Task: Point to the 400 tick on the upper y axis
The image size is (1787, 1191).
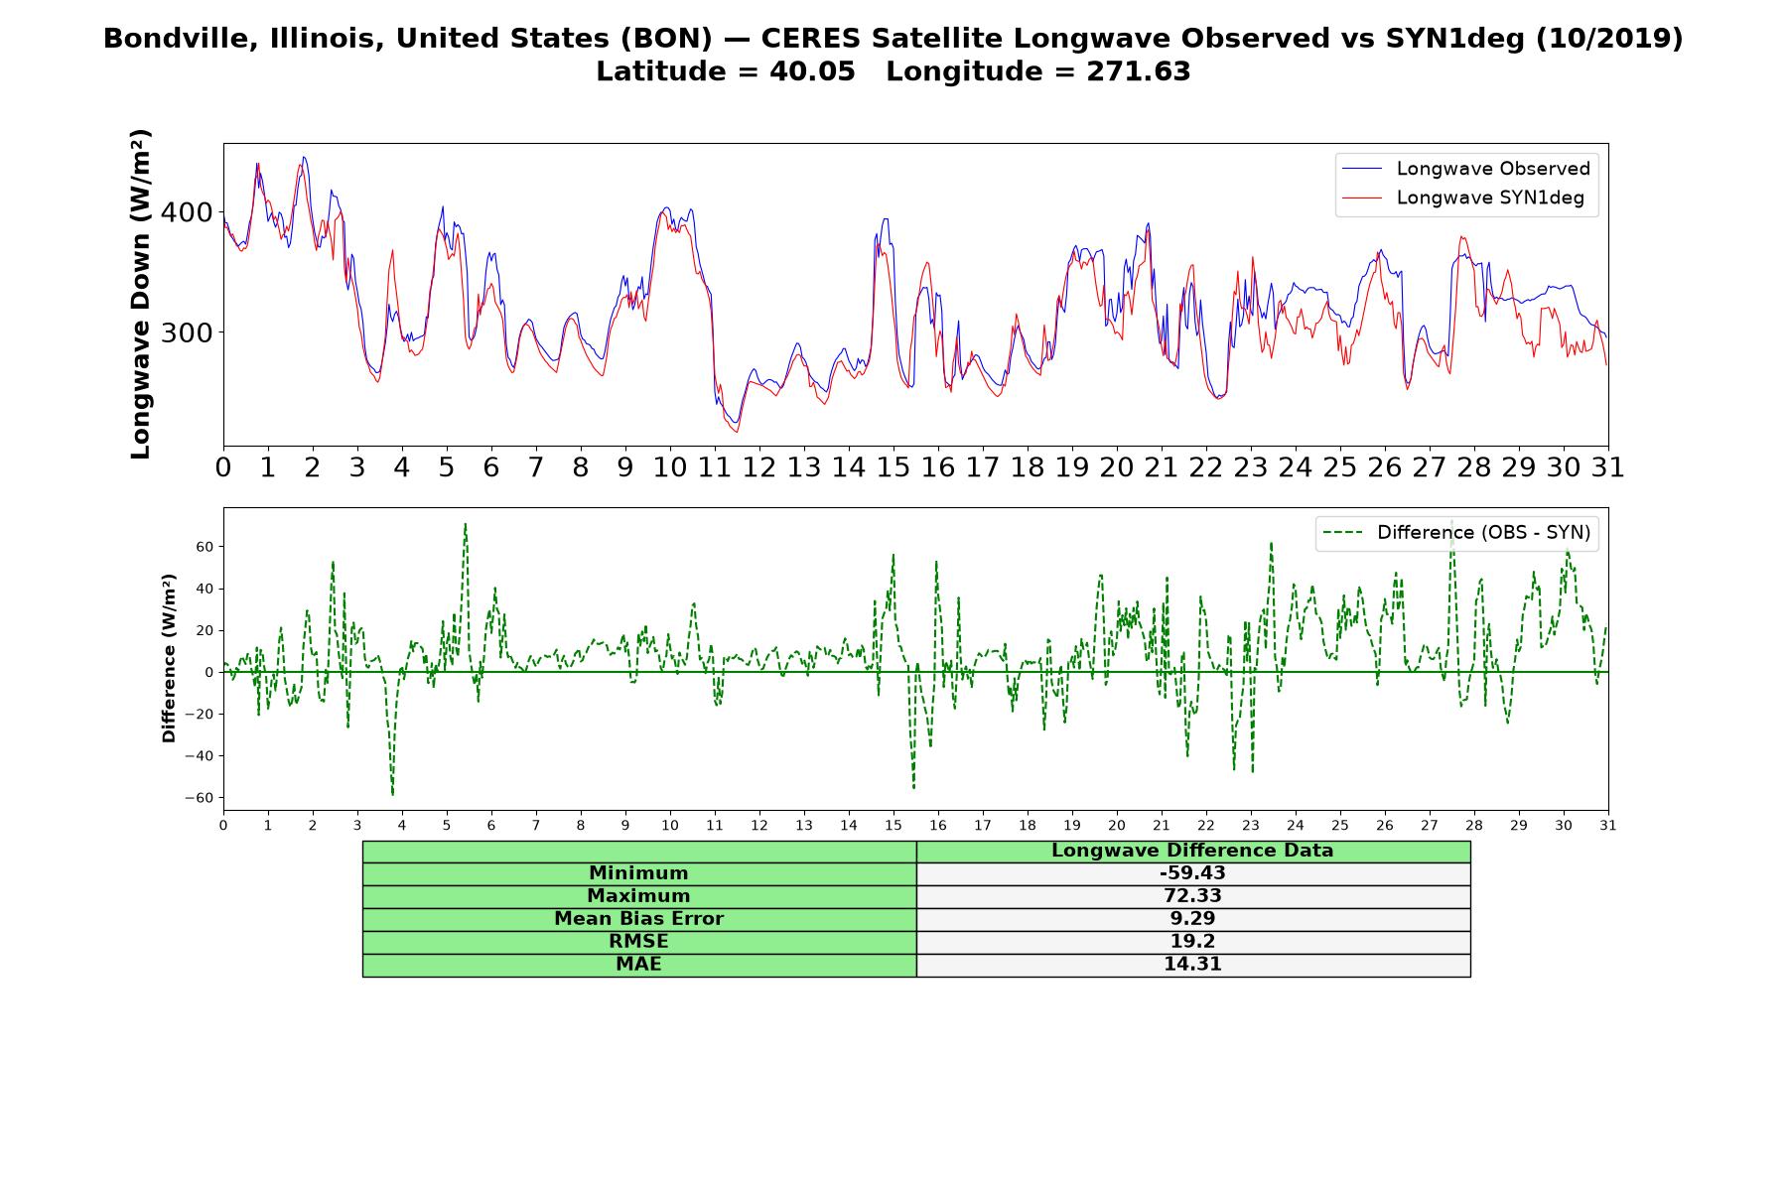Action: (x=187, y=212)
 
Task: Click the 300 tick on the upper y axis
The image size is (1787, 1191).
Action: (x=187, y=332)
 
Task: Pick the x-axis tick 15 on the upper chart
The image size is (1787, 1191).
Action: (x=893, y=466)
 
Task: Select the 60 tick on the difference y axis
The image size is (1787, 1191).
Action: (x=206, y=547)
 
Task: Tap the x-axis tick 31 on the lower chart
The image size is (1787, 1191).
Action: (x=1608, y=825)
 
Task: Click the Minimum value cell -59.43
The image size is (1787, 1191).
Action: (x=1192, y=873)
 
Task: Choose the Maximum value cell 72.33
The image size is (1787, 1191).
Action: (x=1192, y=896)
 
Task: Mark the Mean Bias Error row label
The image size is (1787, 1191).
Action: (x=638, y=919)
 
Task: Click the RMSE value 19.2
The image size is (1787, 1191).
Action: (x=1192, y=942)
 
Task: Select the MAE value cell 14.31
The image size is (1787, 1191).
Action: (x=1192, y=965)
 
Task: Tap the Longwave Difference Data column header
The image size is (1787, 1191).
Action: (x=1192, y=851)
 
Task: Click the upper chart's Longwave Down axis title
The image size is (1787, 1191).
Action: (x=141, y=294)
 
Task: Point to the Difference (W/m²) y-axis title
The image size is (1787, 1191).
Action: (x=169, y=658)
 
